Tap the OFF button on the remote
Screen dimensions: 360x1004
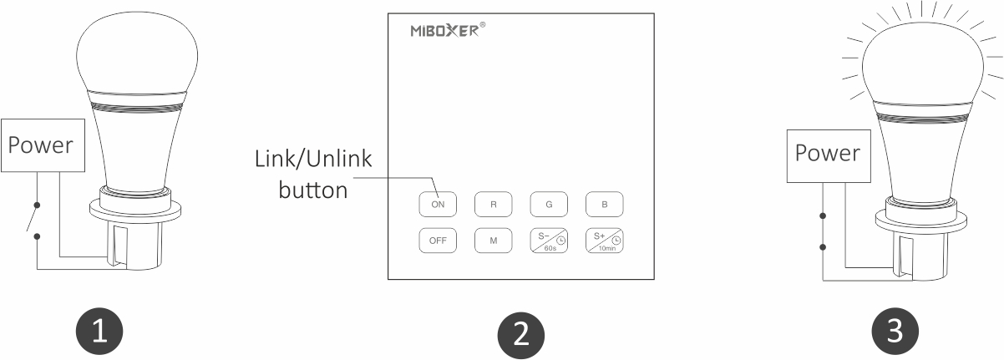(438, 240)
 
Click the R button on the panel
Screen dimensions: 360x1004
(493, 203)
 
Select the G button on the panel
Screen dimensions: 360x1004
(549, 203)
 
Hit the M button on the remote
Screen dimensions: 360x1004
(493, 240)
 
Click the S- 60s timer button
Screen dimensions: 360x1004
(549, 240)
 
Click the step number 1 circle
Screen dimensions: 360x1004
(100, 332)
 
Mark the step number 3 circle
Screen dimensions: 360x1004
(895, 332)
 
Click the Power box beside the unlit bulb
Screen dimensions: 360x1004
(41, 145)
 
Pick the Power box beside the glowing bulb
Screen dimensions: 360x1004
(827, 154)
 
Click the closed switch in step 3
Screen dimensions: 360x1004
(823, 231)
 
